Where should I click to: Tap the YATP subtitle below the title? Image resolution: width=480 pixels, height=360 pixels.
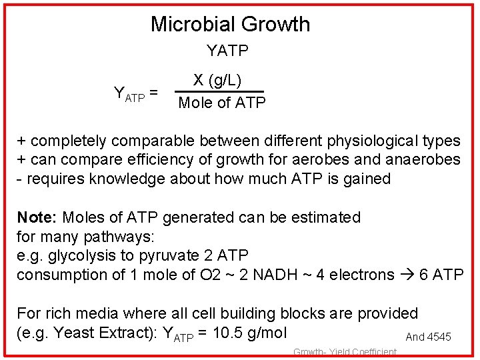[x=227, y=51]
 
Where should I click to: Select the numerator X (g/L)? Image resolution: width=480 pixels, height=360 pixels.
[x=217, y=81]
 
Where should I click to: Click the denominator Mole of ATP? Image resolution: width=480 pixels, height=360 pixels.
[x=222, y=103]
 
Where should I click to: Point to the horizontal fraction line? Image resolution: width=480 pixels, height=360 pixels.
[x=219, y=92]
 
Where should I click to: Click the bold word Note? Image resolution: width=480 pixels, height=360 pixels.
[x=37, y=217]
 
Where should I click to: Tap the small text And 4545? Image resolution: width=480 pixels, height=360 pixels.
[x=428, y=337]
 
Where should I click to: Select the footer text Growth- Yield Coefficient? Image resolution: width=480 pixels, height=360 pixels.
[x=345, y=352]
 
